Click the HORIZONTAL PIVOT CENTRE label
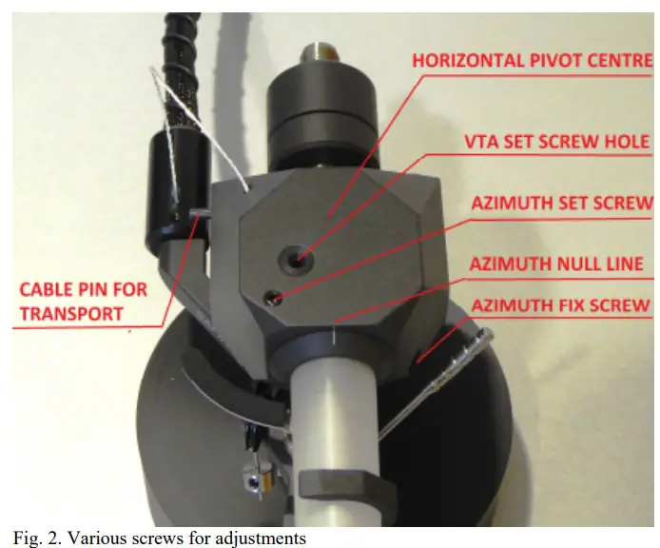[x=532, y=61]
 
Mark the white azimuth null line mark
[x=336, y=335]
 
